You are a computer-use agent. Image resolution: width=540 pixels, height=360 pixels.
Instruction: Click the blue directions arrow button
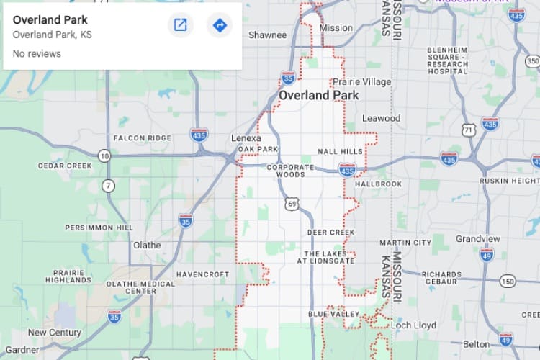tap(220, 26)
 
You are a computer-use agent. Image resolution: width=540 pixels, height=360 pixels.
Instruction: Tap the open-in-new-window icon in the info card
tap(181, 26)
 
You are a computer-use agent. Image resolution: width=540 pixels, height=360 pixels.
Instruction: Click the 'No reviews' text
tap(37, 54)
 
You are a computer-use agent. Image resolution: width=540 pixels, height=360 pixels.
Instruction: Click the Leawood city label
tap(381, 118)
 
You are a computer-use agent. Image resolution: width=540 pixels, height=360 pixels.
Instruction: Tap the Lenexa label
tap(246, 138)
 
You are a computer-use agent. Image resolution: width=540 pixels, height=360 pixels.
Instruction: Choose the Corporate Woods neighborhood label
tap(291, 171)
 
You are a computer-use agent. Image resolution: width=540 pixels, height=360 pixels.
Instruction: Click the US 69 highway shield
tap(291, 204)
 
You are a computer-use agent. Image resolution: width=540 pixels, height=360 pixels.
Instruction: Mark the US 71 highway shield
tap(469, 130)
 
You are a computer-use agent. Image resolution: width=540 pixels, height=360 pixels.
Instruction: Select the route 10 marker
tap(104, 156)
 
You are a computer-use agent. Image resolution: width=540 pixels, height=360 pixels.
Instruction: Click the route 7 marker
tap(109, 186)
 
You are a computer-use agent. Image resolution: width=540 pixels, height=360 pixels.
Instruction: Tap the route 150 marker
tap(508, 281)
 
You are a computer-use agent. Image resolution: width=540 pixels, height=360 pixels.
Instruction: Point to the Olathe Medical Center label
tap(140, 287)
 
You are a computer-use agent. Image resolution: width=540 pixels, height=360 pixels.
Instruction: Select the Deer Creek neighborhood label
tap(331, 233)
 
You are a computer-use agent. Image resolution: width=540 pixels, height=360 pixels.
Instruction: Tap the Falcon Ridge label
tap(143, 138)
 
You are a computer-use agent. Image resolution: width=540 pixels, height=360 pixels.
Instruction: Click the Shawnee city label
tap(267, 35)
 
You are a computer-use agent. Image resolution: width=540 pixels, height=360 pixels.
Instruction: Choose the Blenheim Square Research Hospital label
tap(447, 60)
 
